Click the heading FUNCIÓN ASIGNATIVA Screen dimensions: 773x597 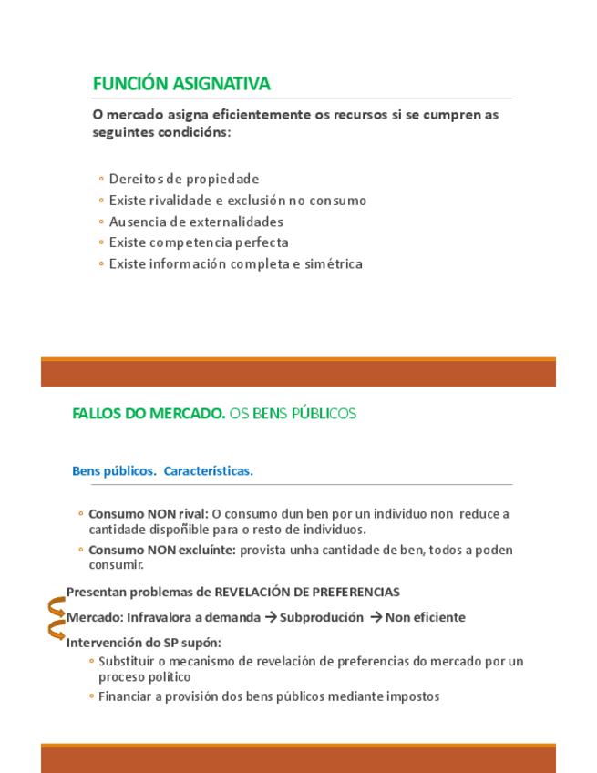[181, 84]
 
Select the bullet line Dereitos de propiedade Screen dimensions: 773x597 [183, 179]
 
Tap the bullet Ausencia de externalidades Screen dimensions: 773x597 [195, 222]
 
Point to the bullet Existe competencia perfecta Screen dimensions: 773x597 [198, 242]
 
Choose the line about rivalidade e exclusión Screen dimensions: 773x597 [237, 200]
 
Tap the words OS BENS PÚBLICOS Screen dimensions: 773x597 [293, 414]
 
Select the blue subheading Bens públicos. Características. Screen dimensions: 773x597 [162, 471]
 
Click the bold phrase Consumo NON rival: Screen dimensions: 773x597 [149, 514]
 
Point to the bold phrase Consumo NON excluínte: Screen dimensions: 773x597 [162, 550]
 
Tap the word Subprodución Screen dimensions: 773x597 [322, 617]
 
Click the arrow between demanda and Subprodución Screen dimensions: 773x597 [270, 617]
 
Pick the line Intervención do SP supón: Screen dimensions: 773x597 [144, 642]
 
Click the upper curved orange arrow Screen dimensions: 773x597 [56, 606]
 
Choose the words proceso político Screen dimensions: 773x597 [145, 677]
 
